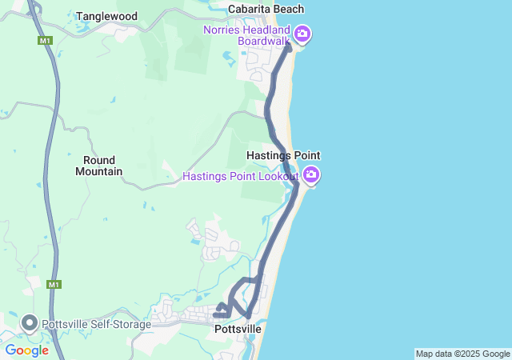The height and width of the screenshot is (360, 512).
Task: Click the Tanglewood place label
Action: (x=107, y=16)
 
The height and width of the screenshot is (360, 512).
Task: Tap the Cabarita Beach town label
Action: (x=266, y=9)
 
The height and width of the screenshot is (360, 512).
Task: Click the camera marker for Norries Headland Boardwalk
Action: (x=302, y=34)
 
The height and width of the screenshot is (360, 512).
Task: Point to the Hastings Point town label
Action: (x=283, y=155)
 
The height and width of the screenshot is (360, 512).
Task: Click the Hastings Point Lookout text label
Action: (x=240, y=176)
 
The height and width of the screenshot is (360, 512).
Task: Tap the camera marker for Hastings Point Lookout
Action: (x=311, y=174)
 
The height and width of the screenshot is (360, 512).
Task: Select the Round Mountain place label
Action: (x=98, y=166)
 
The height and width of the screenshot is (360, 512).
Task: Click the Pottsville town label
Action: (x=238, y=329)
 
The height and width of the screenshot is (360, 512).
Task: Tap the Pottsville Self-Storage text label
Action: (x=96, y=324)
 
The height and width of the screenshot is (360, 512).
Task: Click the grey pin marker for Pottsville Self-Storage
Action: (x=30, y=323)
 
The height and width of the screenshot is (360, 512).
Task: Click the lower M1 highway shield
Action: (x=53, y=284)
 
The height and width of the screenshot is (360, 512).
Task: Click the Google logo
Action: (x=26, y=350)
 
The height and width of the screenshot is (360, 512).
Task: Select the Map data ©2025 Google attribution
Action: (x=462, y=354)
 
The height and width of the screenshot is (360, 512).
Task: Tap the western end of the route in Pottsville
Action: (x=216, y=314)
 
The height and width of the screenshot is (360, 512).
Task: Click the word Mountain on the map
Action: (x=98, y=171)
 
